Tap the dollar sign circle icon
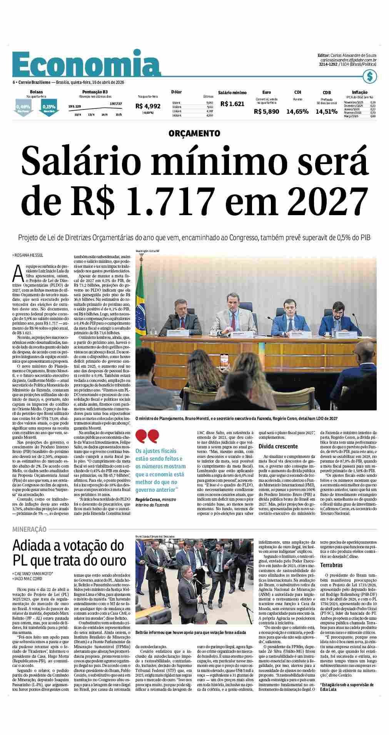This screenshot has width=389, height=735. coord(370,77)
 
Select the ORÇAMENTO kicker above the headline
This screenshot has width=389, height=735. coord(194,133)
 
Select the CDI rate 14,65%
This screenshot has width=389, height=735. coord(297,111)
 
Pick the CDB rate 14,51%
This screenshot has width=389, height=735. coord(326,111)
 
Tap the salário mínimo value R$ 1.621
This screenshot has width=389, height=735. coord(232,104)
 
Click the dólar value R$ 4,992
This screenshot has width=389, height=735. coord(148,106)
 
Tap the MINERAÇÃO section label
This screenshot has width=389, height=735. coord(29,529)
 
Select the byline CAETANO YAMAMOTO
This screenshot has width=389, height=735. coord(33,574)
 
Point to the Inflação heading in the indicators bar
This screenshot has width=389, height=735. coord(359,92)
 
